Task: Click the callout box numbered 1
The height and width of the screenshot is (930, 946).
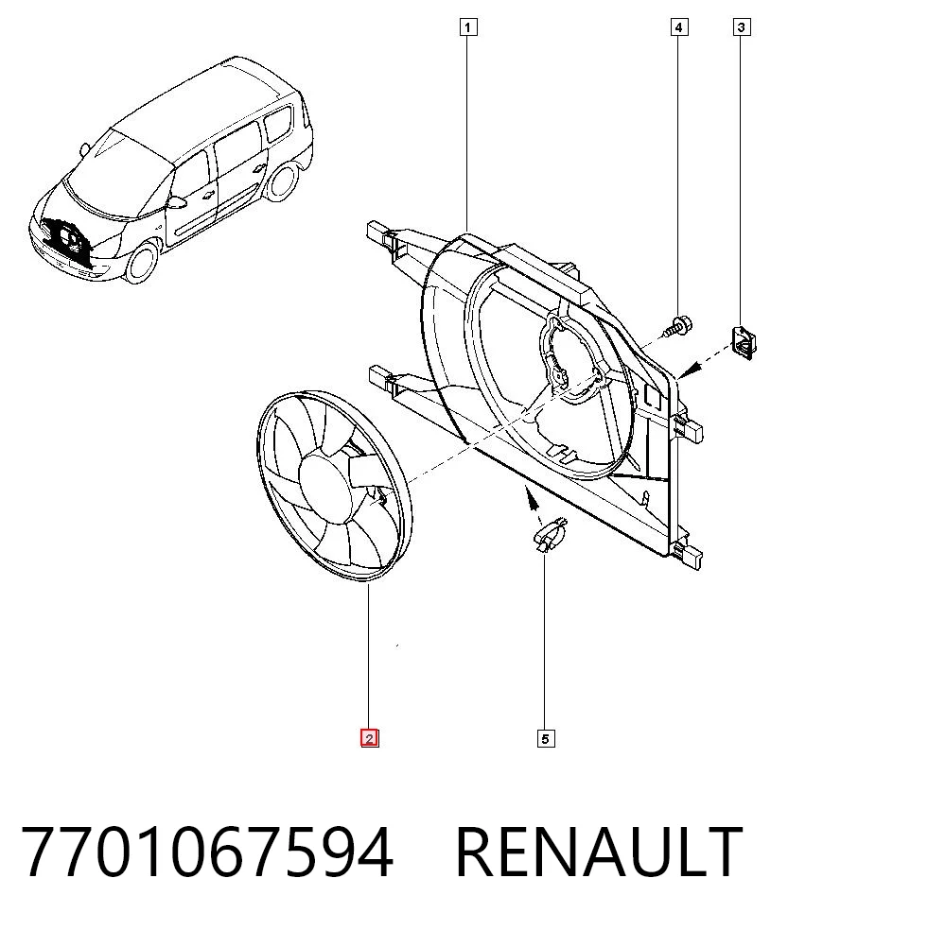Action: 467,27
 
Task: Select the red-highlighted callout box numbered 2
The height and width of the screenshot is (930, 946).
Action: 369,738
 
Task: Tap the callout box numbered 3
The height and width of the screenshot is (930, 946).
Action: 742,27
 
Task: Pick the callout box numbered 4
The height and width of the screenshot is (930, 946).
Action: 678,27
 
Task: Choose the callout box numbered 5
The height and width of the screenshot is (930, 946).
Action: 546,739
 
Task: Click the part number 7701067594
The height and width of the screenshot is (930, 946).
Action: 207,852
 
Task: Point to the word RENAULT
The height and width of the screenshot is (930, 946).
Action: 599,852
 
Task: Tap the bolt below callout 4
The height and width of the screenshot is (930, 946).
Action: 678,327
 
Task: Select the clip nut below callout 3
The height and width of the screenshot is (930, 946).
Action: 744,342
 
